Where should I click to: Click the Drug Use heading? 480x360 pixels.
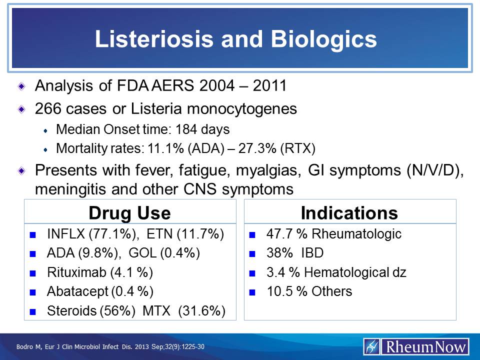[x=129, y=213]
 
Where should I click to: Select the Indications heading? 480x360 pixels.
[x=349, y=213]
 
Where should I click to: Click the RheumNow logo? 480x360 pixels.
[x=416, y=346]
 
